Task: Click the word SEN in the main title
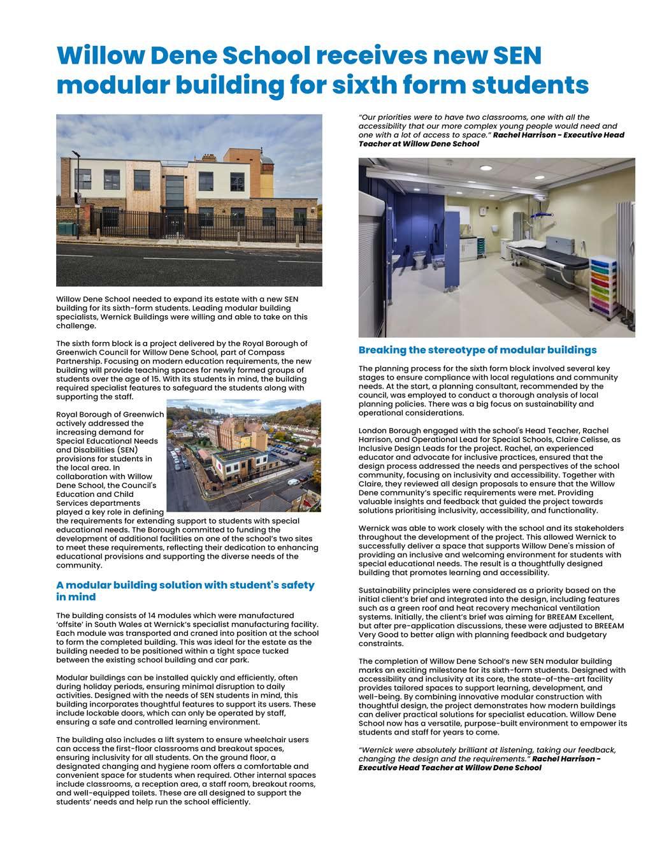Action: click(510, 56)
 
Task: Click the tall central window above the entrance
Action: click(175, 185)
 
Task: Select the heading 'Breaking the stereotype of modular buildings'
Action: click(477, 350)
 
